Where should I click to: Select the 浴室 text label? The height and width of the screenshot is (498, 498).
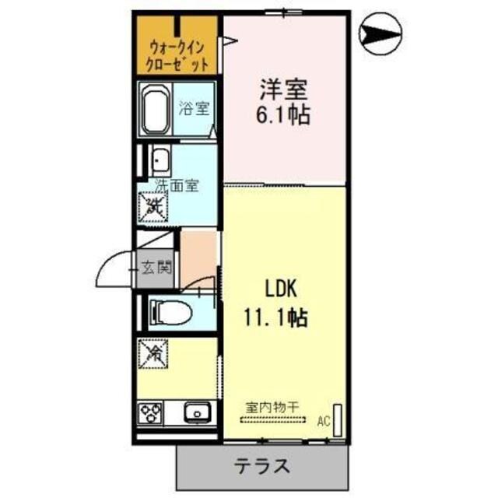(195, 108)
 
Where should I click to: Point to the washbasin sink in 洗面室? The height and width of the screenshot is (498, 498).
(160, 161)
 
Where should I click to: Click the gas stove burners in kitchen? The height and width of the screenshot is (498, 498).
(151, 412)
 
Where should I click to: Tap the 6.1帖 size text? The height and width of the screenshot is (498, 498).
(285, 115)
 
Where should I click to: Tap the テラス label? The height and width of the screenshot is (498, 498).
(263, 467)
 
